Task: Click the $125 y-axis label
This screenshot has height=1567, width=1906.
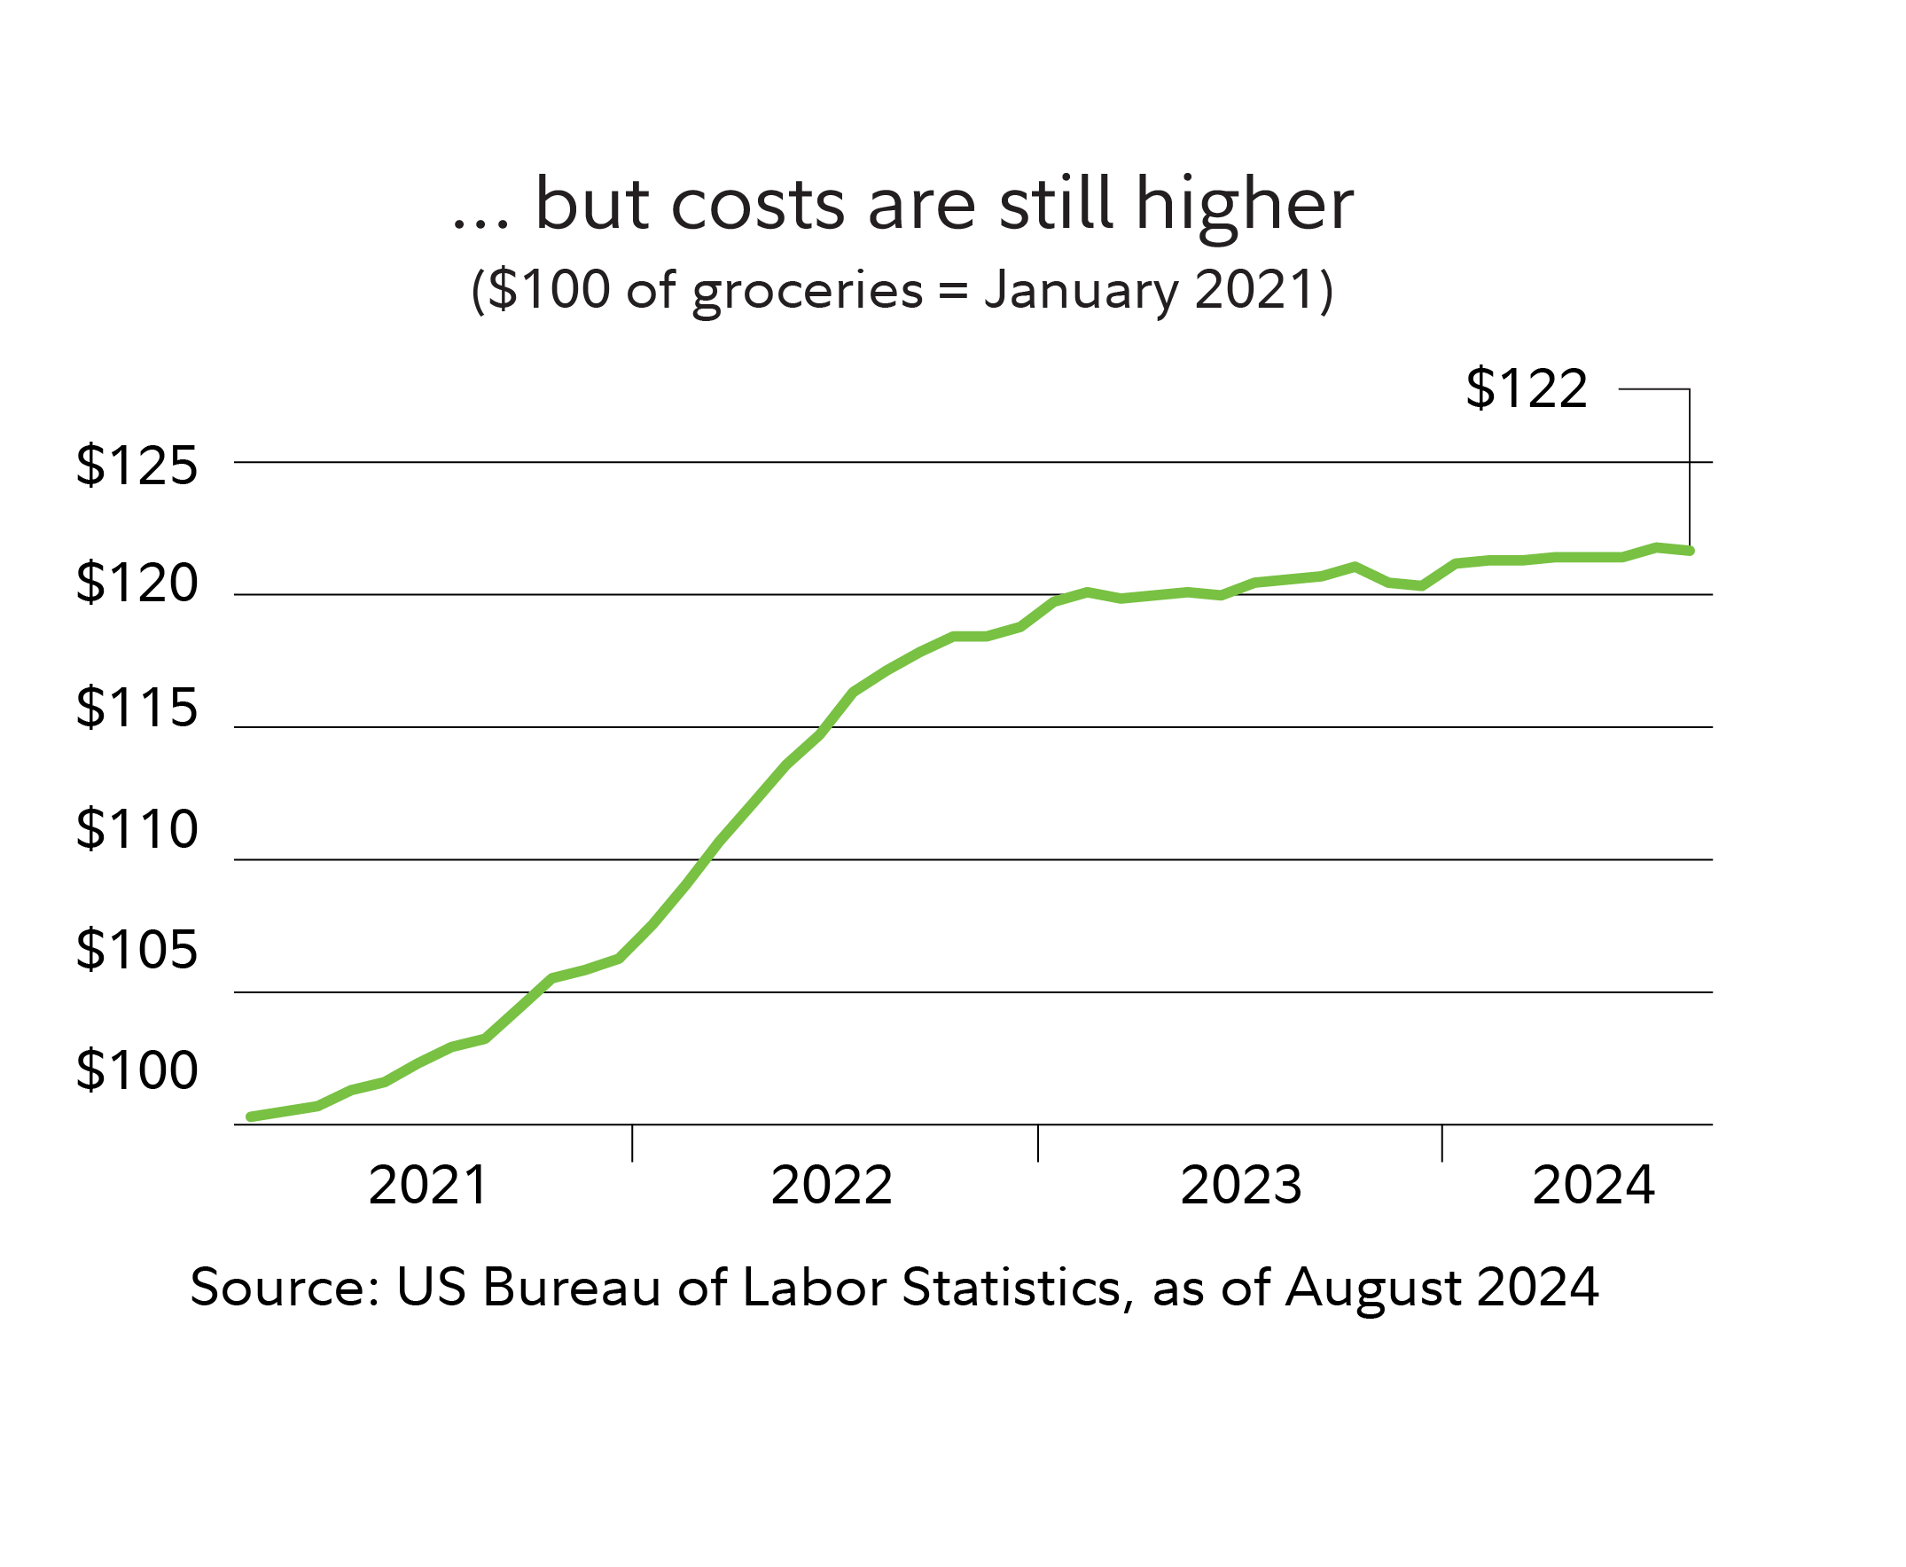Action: pos(137,466)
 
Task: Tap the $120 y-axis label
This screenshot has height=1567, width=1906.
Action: pos(137,584)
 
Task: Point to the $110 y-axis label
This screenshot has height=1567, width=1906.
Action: pos(137,828)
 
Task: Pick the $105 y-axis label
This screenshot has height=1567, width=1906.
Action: pos(137,950)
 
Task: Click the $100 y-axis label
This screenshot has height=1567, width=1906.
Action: pos(137,1070)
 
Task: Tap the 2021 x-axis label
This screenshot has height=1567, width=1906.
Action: pos(428,1185)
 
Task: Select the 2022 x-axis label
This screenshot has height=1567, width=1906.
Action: pos(832,1185)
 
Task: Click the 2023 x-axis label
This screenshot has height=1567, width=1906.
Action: pos(1241,1185)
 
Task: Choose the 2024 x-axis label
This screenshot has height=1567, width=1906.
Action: pos(1593,1185)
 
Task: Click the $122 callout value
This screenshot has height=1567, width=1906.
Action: pos(1525,389)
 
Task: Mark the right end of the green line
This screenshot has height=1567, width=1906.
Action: pos(1690,551)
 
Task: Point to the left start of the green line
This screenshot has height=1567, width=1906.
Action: pos(251,1117)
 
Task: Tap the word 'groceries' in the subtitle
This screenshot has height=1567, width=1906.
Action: pos(808,292)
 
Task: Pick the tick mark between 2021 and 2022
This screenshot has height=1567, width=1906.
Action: pos(633,1143)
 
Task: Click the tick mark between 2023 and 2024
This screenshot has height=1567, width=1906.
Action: pos(1442,1143)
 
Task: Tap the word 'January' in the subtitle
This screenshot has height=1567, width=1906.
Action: pos(1081,292)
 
